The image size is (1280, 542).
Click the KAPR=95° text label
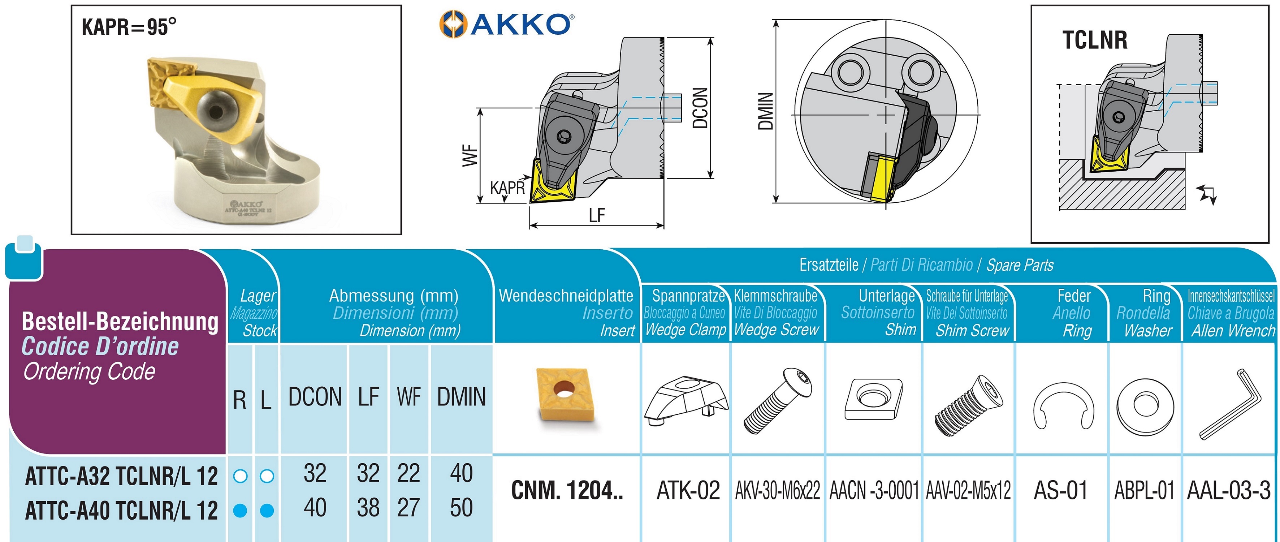(129, 27)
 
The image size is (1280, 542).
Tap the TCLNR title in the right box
(1095, 40)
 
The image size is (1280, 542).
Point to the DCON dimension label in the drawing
(700, 108)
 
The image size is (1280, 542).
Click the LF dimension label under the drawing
(597, 216)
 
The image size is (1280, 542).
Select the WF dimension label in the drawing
(470, 156)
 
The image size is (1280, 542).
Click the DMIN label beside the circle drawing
(766, 111)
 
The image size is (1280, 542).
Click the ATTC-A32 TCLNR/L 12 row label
(121, 476)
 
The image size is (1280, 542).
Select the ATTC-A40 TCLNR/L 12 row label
(121, 511)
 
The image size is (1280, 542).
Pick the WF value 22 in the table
(408, 473)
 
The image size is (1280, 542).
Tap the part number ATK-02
(688, 491)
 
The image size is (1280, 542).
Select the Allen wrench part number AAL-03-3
(1228, 491)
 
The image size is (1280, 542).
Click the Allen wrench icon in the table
(1230, 404)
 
